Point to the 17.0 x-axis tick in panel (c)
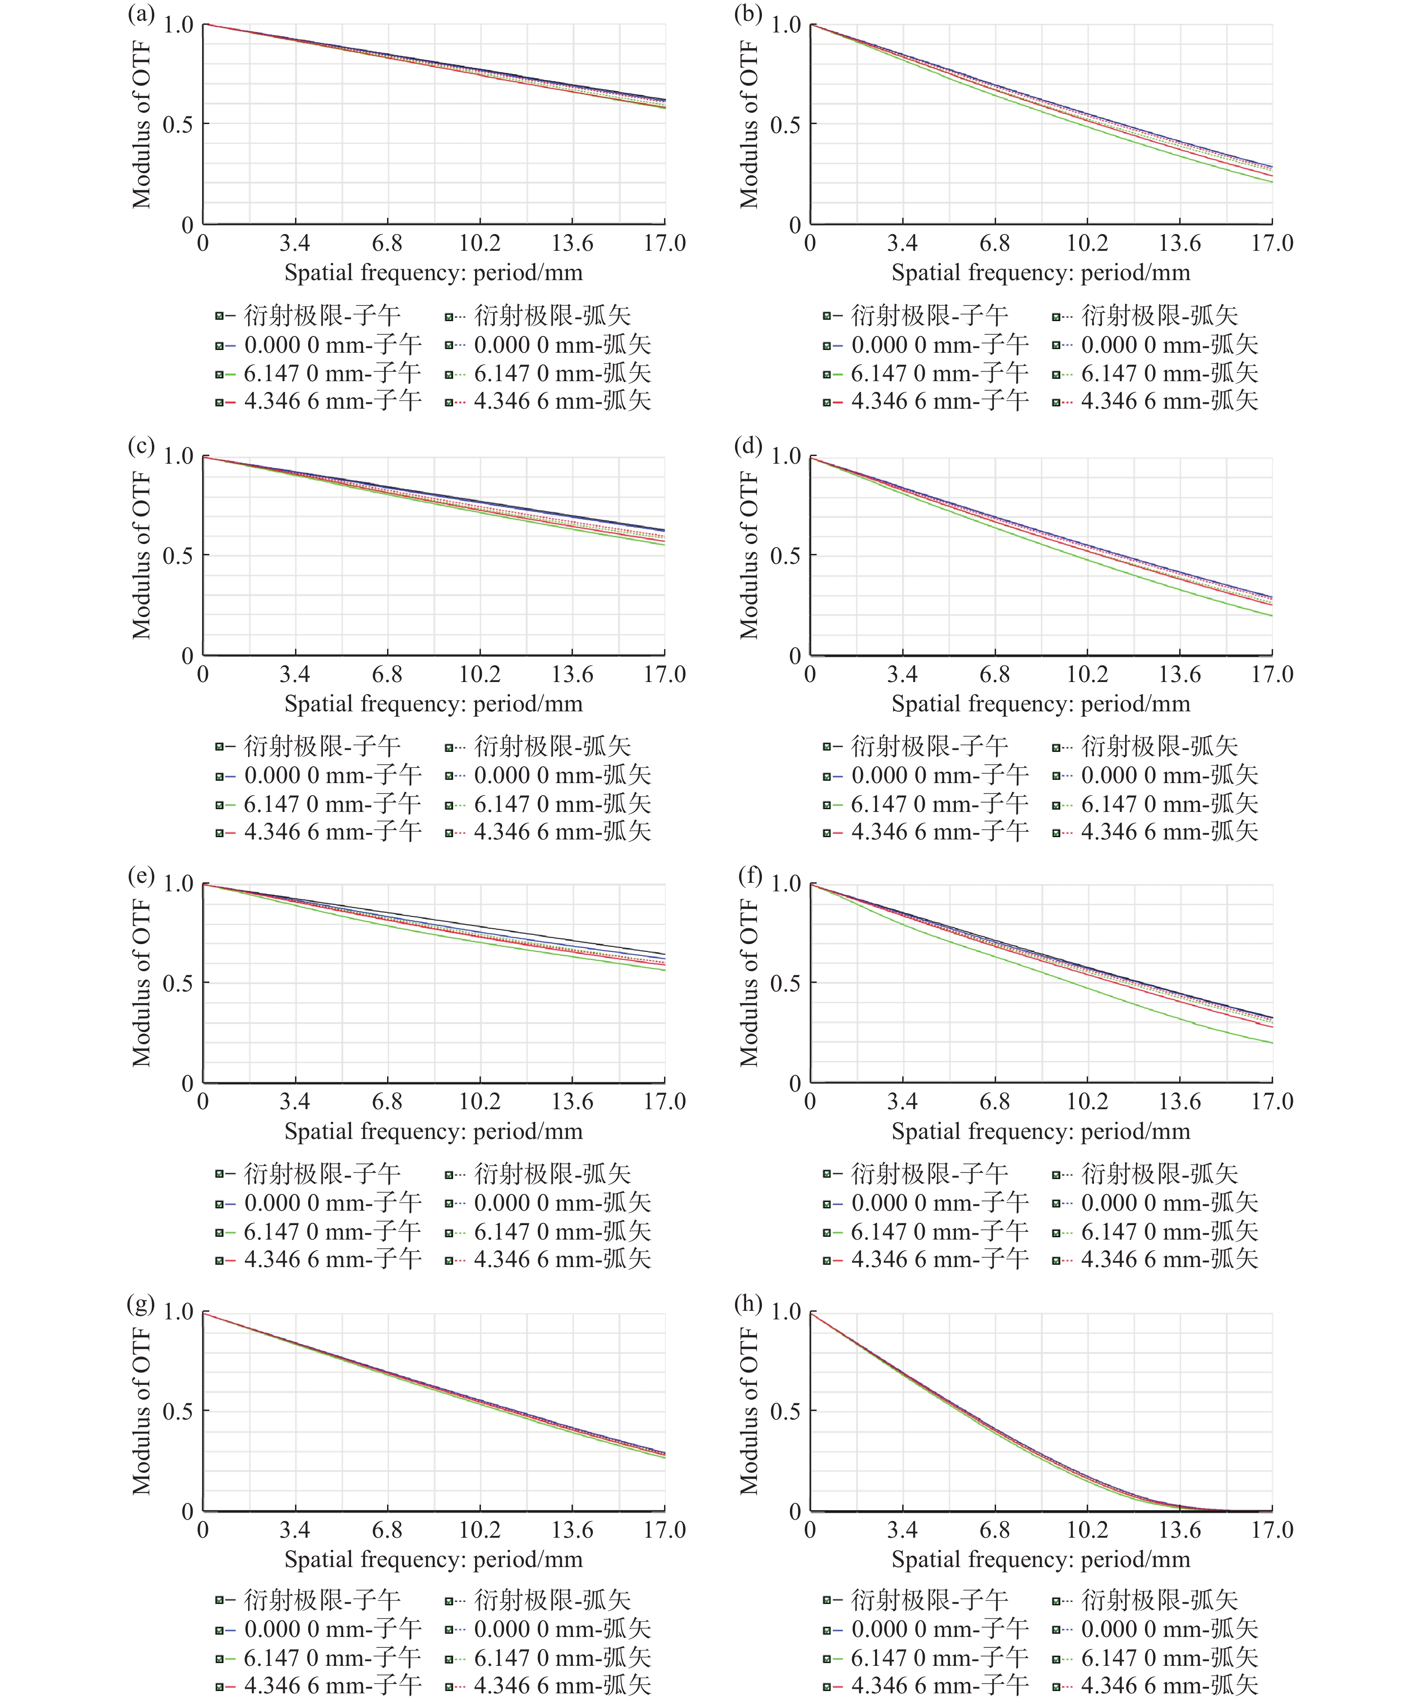[664, 674]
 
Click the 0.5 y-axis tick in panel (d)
[785, 556]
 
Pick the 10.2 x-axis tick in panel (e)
[480, 1102]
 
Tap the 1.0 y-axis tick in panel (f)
[785, 884]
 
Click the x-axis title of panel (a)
[434, 273]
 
